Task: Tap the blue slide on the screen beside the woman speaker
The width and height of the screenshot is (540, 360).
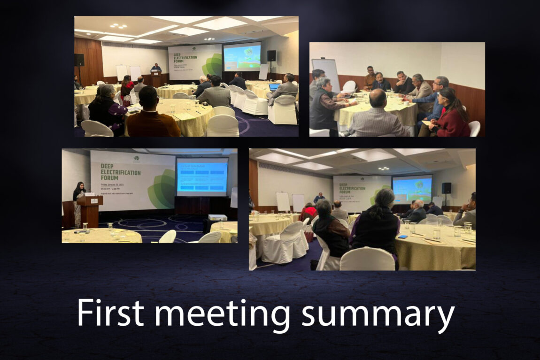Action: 202,176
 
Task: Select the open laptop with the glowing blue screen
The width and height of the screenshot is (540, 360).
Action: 274,87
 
